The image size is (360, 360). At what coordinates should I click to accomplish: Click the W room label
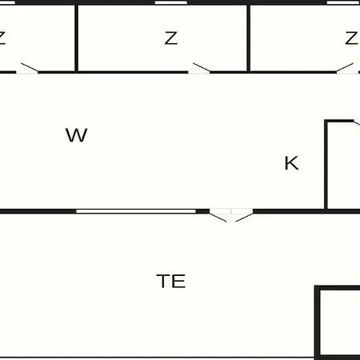point(77,135)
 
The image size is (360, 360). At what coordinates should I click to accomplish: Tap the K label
point(291,163)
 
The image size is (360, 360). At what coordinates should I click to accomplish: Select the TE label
point(171,281)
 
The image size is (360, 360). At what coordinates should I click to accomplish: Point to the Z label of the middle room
point(171,38)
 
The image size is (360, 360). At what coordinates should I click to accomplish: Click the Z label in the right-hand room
point(351,38)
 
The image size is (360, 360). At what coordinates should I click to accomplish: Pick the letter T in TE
point(163,281)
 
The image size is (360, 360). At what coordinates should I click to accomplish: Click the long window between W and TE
point(136,211)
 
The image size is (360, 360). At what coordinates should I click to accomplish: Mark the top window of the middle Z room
point(171,2)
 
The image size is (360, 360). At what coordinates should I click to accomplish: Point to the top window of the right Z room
point(343,2)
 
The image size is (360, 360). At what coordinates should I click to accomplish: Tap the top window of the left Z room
point(7,2)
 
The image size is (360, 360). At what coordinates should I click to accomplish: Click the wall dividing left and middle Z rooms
point(76,38)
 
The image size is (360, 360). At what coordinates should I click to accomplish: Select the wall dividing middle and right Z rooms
point(249,38)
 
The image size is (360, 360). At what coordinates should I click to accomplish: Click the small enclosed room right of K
point(343,166)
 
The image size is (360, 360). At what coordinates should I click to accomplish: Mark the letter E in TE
point(178,281)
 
